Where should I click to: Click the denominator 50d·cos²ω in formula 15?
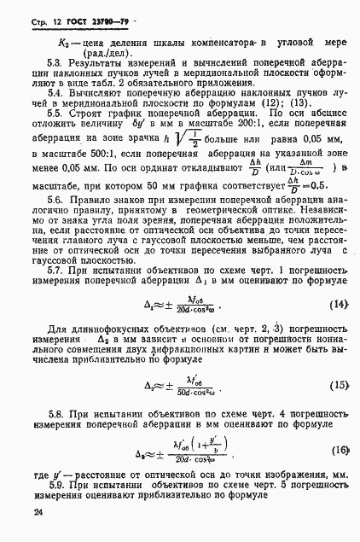tap(198, 391)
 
